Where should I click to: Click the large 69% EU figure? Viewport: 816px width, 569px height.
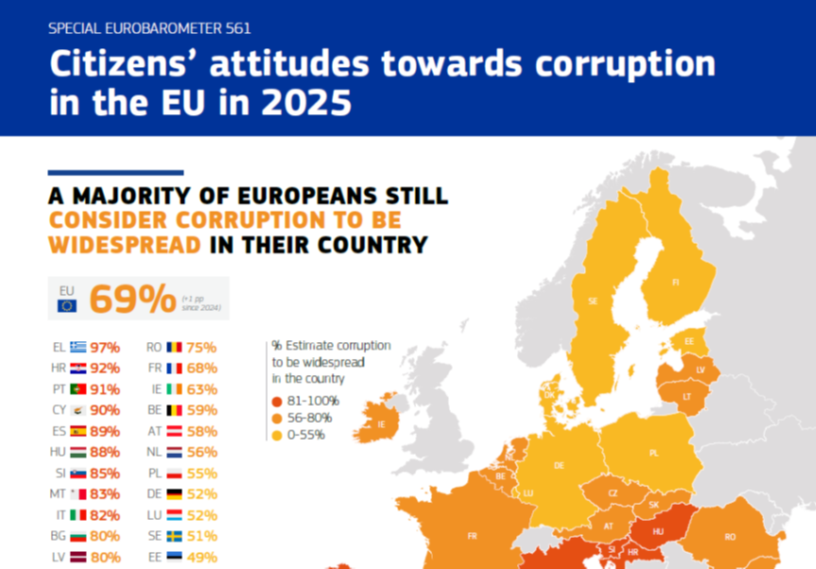tap(125, 299)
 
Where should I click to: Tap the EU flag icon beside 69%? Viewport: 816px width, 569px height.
tap(67, 305)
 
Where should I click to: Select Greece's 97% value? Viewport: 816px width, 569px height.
tap(105, 347)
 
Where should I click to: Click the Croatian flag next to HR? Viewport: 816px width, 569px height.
tap(77, 368)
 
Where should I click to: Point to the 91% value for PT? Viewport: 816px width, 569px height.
tap(105, 389)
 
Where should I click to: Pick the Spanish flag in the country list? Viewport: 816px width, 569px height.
tap(77, 431)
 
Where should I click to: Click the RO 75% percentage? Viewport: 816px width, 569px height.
tap(202, 347)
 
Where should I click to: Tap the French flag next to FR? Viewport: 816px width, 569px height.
tap(175, 368)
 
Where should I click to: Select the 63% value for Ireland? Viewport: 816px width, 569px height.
tap(202, 389)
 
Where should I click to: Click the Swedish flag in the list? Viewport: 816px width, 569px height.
tap(175, 537)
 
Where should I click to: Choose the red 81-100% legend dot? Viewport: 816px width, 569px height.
tap(276, 400)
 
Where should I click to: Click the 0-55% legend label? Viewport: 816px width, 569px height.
tap(308, 434)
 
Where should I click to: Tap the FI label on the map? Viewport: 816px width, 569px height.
tap(675, 283)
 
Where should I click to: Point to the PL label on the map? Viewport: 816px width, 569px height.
tap(653, 453)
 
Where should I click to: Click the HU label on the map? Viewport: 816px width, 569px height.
tap(658, 532)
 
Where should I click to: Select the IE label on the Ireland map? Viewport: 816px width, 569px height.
tap(381, 425)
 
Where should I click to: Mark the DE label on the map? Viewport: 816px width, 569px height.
tap(558, 465)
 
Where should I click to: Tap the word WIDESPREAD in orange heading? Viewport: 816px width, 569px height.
tap(124, 245)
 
